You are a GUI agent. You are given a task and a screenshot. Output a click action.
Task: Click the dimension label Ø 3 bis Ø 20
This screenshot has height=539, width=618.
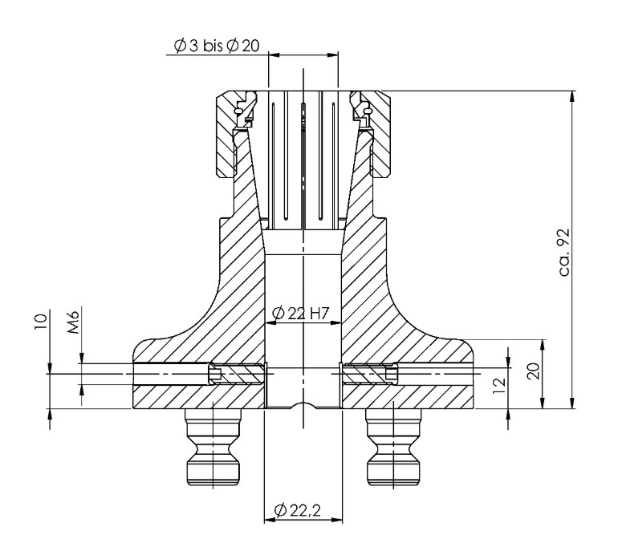coord(214,47)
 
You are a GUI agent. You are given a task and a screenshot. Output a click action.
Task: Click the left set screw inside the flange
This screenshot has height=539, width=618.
coord(237,374)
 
